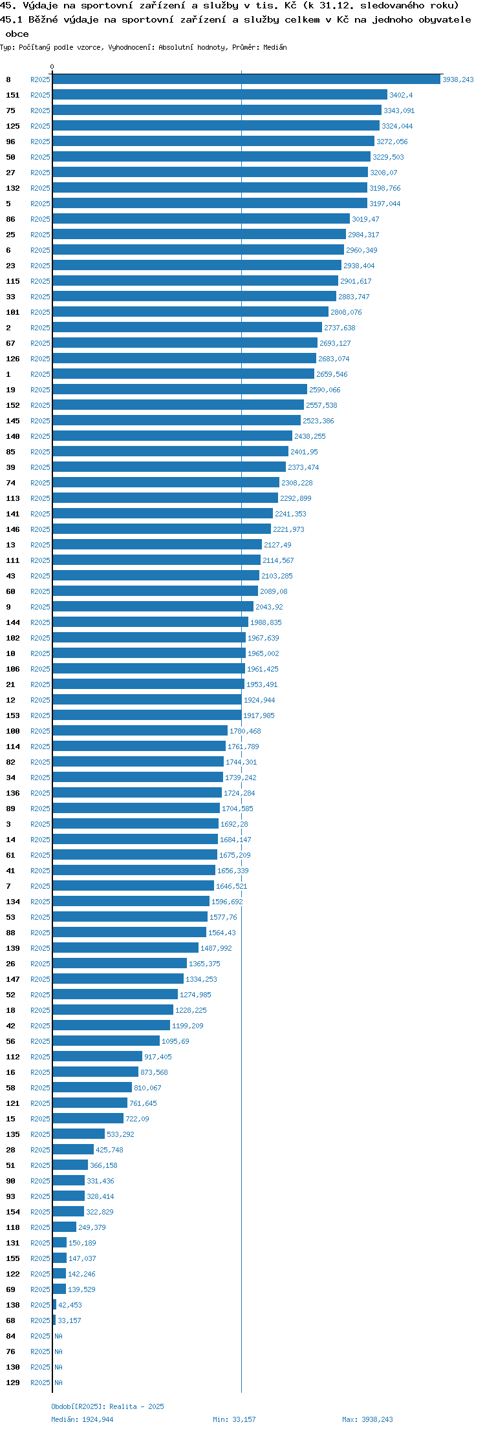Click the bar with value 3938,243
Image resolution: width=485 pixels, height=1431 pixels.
[x=246, y=79]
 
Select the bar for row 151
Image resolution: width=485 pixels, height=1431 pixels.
[x=220, y=94]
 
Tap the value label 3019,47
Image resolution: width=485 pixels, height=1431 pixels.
[x=365, y=219]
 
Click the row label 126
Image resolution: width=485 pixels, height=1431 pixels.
[x=13, y=359]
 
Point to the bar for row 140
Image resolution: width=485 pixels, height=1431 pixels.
[x=173, y=436]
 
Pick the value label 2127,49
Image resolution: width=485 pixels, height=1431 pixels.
[x=277, y=545]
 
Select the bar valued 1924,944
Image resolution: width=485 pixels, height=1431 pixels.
[x=147, y=699]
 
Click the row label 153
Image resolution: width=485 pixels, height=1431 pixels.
[x=13, y=715]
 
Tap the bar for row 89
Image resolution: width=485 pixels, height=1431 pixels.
[x=136, y=808]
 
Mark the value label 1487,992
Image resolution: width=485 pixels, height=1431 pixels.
[x=216, y=948]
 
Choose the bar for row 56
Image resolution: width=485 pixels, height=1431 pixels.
[x=106, y=1041]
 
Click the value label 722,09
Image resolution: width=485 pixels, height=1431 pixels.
[x=137, y=1119]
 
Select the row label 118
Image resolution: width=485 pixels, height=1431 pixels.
[x=13, y=1227]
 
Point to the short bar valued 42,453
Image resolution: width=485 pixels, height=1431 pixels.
[x=55, y=1304]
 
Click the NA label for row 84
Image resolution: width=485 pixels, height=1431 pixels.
[x=59, y=1336]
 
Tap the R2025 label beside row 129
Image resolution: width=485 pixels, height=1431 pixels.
[x=40, y=1383]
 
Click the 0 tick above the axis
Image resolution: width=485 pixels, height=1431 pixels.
[x=52, y=67]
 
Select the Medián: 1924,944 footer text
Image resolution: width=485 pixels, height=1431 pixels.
[x=83, y=1419]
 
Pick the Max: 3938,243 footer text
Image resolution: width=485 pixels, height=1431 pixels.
[x=367, y=1419]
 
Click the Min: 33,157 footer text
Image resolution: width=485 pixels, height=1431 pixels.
[x=234, y=1419]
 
